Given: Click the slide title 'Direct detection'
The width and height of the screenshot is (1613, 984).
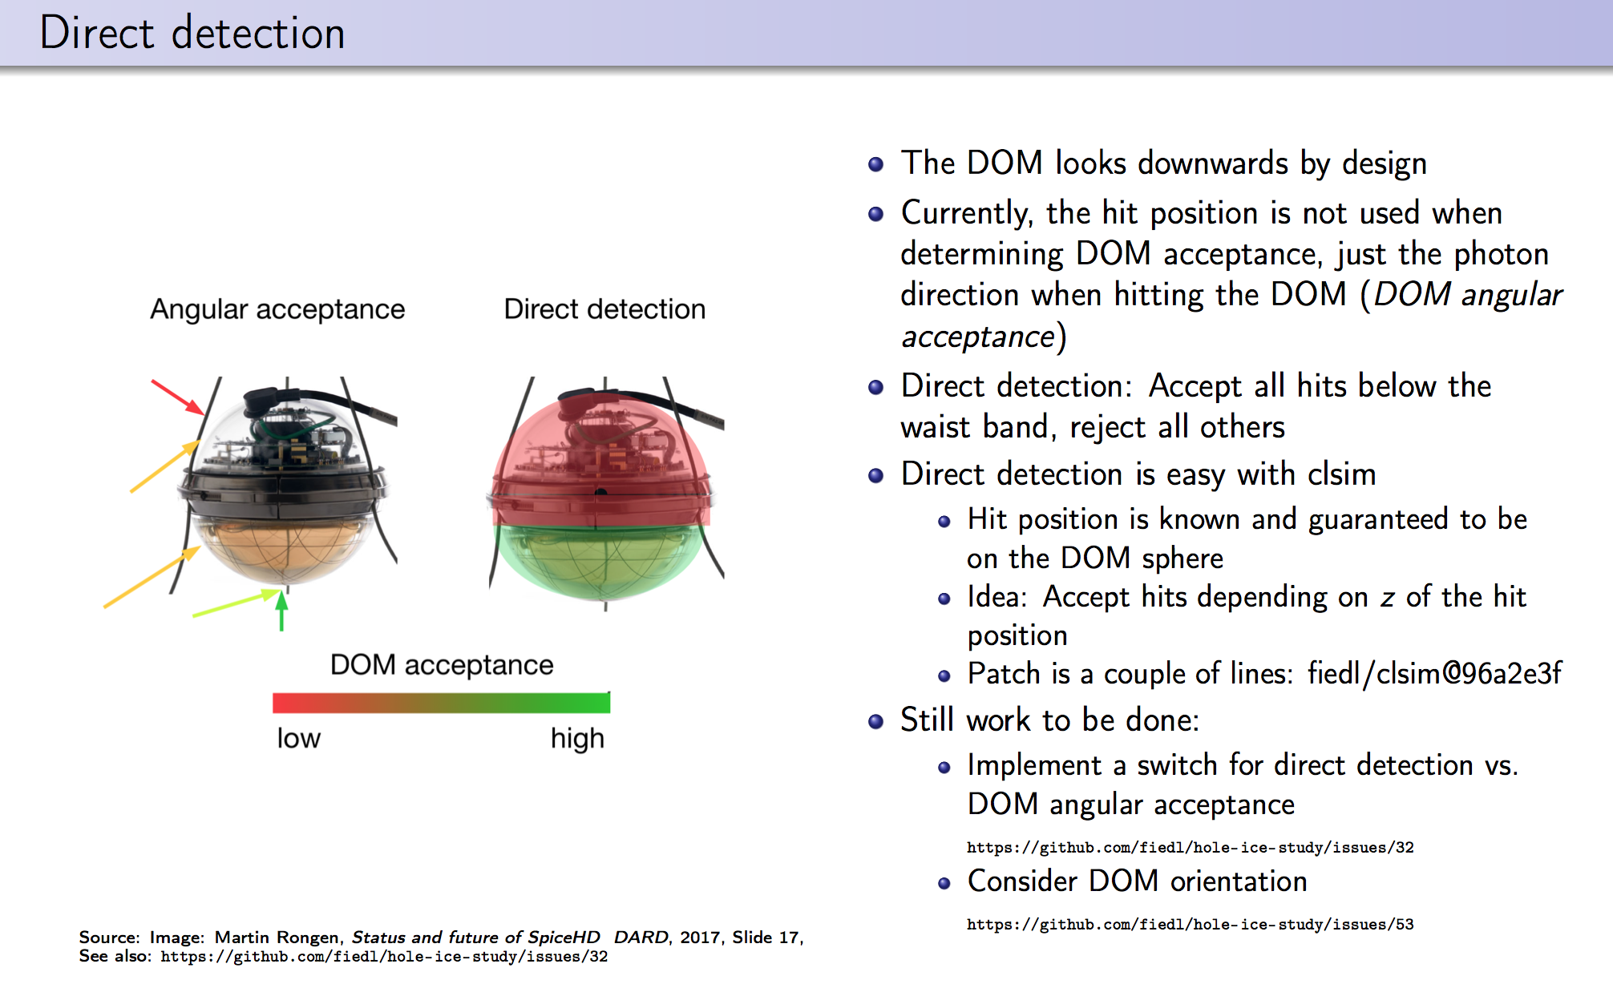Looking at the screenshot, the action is (x=192, y=34).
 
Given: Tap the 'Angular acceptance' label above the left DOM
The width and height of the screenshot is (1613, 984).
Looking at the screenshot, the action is (x=277, y=309).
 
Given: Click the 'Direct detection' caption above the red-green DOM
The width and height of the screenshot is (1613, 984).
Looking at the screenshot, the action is (x=604, y=309).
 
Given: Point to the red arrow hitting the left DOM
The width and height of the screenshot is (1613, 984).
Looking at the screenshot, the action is (x=178, y=397).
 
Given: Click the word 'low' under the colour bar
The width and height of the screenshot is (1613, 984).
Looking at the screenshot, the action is (x=298, y=738).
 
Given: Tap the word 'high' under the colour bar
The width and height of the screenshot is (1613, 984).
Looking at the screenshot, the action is (x=577, y=738).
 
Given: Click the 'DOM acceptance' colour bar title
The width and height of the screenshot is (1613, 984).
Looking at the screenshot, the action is (x=442, y=665).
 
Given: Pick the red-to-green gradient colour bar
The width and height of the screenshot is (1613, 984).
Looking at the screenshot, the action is (x=441, y=704).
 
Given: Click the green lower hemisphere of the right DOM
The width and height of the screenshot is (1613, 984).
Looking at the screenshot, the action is (x=601, y=561).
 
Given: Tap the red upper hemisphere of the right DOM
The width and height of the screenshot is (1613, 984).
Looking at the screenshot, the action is (x=601, y=449).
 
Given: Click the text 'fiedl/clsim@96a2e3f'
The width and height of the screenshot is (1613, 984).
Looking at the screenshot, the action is (x=1434, y=674).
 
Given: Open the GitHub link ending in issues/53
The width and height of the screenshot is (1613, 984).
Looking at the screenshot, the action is (x=1190, y=925).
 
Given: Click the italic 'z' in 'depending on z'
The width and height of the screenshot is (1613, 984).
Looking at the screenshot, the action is (x=1387, y=598).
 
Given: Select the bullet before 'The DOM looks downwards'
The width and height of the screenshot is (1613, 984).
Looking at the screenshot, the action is (x=876, y=164).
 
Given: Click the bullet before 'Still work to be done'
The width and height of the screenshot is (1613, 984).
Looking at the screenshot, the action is (x=876, y=721).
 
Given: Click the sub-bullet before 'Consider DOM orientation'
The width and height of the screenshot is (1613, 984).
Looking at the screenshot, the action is (x=944, y=883).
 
